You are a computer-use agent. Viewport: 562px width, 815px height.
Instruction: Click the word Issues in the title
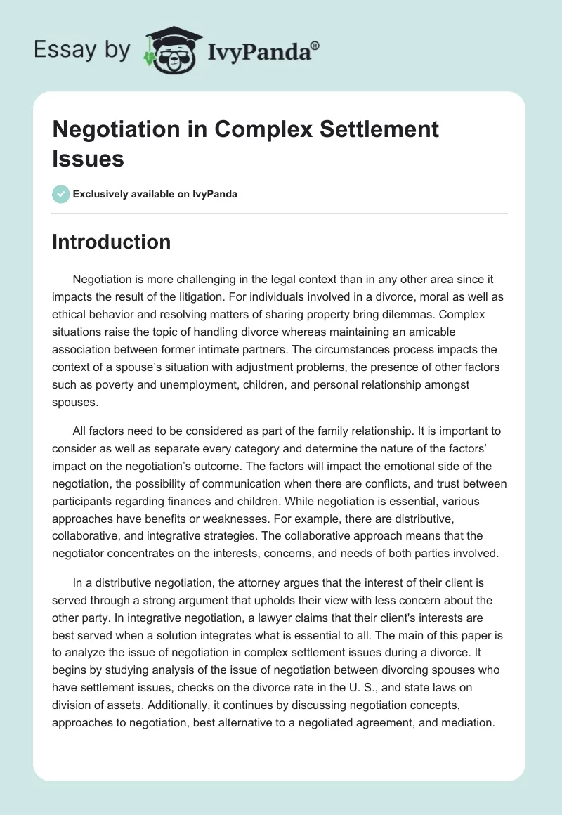pos(88,158)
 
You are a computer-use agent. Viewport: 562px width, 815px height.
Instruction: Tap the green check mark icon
pos(61,194)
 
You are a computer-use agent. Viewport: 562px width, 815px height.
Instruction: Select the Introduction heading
pos(111,242)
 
